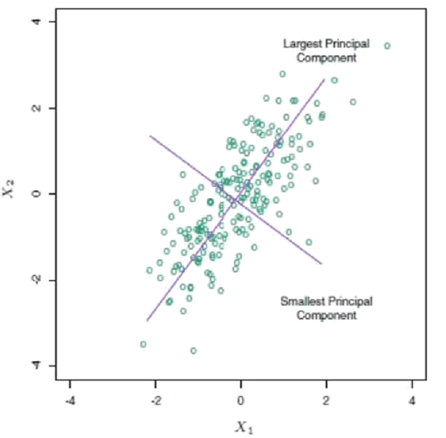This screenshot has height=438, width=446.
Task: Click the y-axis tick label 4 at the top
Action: (x=36, y=22)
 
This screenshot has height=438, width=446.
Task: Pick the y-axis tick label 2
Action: (x=36, y=108)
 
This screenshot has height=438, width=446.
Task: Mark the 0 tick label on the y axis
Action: (x=36, y=194)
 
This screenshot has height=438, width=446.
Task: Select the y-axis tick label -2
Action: (x=36, y=279)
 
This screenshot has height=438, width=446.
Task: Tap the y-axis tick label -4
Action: (x=36, y=364)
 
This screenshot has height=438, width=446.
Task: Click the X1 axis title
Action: (x=242, y=426)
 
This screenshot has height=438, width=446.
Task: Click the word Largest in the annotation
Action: (x=299, y=44)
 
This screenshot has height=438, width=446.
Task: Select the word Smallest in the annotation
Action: (x=300, y=302)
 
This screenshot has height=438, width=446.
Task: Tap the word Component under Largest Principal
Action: (x=326, y=58)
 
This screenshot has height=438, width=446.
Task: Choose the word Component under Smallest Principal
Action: (x=326, y=315)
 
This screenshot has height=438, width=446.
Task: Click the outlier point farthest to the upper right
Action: (x=387, y=46)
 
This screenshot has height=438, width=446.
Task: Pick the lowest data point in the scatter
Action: (x=193, y=351)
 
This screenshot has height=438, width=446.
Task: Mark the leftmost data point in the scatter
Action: (x=143, y=344)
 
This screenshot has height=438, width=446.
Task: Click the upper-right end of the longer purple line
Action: (x=324, y=79)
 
